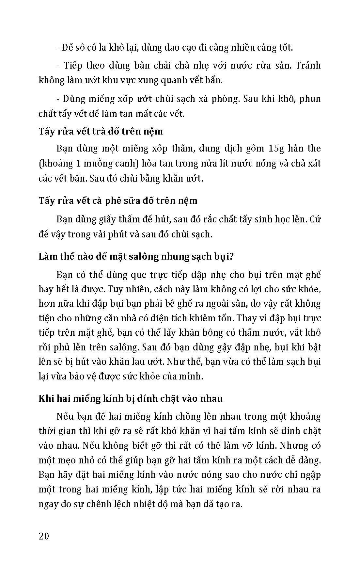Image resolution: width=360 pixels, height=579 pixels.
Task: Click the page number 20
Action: [x=44, y=536]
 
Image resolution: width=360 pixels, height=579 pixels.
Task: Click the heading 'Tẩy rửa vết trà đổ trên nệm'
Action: [x=101, y=131]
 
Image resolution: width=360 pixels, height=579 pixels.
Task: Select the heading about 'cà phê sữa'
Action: [x=118, y=200]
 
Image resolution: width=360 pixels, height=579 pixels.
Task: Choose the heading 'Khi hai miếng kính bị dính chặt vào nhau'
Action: [x=131, y=398]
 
